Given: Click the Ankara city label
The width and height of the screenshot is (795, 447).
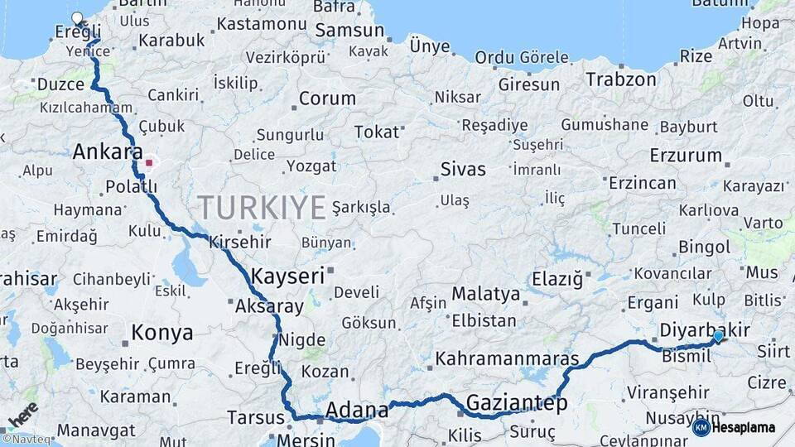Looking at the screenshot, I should point(108,151).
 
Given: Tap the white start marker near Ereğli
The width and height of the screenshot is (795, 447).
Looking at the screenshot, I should point(78,18).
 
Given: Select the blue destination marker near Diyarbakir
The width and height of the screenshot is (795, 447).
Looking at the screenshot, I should point(717,336).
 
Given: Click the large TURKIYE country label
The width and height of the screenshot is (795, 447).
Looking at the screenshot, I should point(261,207).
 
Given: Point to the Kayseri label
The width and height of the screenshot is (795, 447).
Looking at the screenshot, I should point(287,276).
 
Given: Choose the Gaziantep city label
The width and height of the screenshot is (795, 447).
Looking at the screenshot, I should point(517,403).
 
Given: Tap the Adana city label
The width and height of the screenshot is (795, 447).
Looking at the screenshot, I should point(357,410).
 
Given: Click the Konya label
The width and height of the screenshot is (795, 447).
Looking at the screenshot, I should point(162,333).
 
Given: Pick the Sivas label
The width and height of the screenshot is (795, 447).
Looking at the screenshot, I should point(463,170).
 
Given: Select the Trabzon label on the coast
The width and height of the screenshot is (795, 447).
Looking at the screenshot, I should point(621,79).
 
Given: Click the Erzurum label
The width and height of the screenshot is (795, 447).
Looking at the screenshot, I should point(686,155).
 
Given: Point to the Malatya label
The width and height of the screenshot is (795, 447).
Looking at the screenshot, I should point(486,294).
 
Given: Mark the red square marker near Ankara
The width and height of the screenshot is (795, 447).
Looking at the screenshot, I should point(148,162).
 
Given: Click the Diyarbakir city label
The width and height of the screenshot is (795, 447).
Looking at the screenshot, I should point(704,331).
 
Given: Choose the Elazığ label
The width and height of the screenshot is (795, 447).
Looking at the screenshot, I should point(557,279).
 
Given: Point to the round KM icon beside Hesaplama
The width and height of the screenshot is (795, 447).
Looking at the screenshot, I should point(701,427).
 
